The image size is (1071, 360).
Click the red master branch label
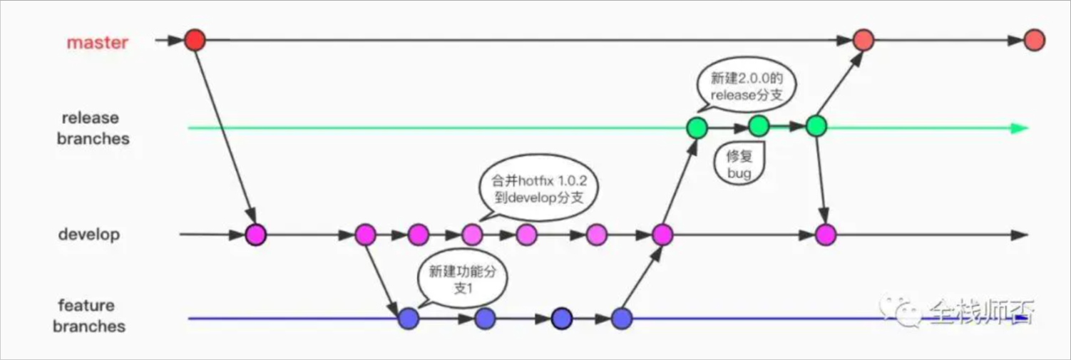coord(97,42)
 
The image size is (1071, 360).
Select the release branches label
coord(93,128)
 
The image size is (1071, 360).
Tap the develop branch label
coord(89,234)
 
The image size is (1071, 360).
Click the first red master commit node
coord(195,40)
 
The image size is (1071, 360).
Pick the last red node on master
coord(1034,41)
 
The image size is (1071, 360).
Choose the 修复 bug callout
coord(739,165)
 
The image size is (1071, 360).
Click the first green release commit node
coord(697,128)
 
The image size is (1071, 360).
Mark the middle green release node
coord(759,126)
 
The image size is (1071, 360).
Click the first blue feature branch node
coord(409,318)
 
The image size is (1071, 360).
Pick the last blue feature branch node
coord(621,318)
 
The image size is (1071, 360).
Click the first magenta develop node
coord(255,234)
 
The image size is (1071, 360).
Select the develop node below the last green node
coord(825,233)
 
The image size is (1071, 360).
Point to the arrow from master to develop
coord(225,135)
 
